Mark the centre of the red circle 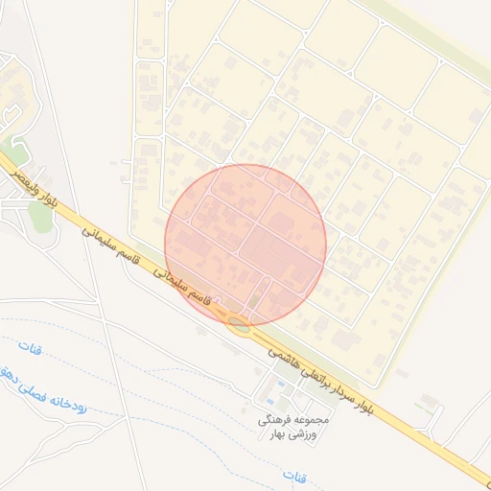point(245,245)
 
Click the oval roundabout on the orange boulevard point(239,323)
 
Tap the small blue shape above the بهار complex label point(279,387)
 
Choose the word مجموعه point(314,420)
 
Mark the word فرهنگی point(277,420)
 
